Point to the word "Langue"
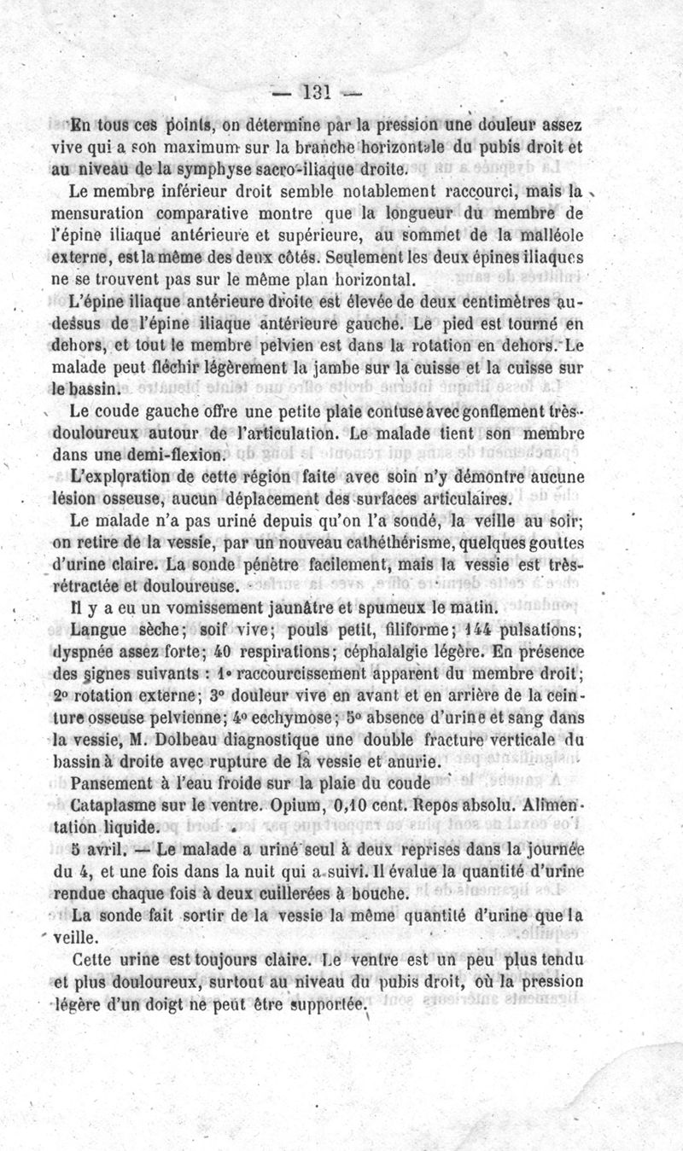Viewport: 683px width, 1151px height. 99,631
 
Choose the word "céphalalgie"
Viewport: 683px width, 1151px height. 391,652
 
